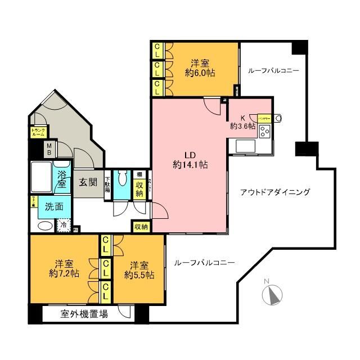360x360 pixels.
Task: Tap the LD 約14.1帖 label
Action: point(189,159)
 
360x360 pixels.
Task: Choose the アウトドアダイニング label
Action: point(275,192)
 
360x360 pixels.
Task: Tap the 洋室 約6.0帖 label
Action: point(201,67)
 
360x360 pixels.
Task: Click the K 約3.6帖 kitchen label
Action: point(242,122)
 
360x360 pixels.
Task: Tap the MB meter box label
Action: point(49,149)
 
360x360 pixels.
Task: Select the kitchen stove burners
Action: point(264,132)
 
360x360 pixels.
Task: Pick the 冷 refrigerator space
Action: point(65,224)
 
